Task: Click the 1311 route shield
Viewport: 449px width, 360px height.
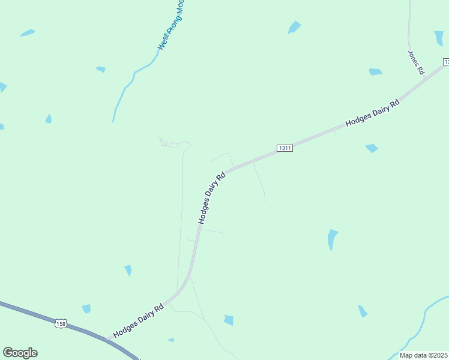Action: click(x=285, y=148)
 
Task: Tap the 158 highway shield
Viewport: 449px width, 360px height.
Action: click(x=60, y=323)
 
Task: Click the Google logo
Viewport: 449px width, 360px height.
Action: click(x=20, y=353)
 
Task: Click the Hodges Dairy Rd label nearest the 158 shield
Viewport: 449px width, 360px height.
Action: click(x=139, y=321)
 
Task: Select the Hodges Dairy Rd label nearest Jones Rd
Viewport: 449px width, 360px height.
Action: click(x=372, y=113)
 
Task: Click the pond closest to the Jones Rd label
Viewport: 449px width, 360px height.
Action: click(x=375, y=72)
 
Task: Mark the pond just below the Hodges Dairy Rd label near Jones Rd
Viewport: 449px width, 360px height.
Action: click(x=372, y=148)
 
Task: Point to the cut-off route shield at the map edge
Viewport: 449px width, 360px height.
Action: click(x=446, y=62)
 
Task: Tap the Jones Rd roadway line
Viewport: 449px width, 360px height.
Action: click(x=409, y=30)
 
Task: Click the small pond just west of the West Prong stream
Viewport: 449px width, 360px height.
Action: click(x=101, y=70)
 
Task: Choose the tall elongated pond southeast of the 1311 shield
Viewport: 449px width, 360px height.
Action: click(x=332, y=239)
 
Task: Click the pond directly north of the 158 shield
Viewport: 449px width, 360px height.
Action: click(x=86, y=308)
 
